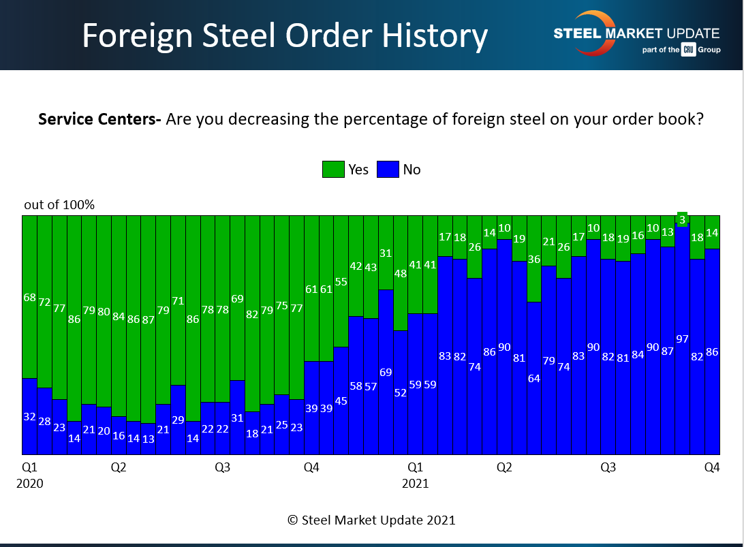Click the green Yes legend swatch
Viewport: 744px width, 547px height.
pos(333,170)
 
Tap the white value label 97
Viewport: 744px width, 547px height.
pos(682,339)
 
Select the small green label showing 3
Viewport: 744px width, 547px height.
pos(682,219)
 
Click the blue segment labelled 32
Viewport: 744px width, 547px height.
pos(29,416)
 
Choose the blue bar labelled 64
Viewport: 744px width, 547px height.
pos(533,378)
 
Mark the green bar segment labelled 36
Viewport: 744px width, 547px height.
pos(533,259)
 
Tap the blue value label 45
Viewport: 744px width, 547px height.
pos(341,401)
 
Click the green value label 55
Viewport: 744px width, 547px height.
pos(341,281)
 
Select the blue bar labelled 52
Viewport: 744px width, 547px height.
pos(401,392)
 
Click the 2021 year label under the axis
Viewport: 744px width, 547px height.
pos(415,484)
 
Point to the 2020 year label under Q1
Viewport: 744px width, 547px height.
pos(29,484)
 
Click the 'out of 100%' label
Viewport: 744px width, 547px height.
pos(59,205)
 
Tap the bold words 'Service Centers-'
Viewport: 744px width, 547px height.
pos(99,119)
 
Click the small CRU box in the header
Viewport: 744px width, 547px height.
pos(688,50)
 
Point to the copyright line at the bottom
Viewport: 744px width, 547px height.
pos(371,520)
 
